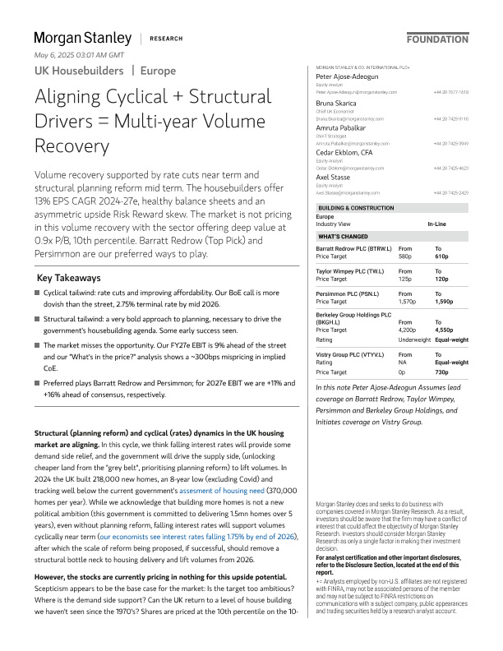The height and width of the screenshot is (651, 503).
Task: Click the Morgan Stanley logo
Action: (x=82, y=38)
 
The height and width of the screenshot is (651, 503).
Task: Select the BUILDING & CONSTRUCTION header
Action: (x=354, y=210)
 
